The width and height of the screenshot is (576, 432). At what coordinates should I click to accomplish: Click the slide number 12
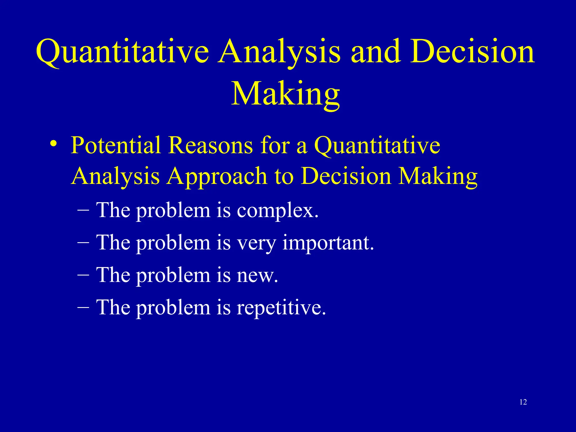pyautogui.click(x=523, y=402)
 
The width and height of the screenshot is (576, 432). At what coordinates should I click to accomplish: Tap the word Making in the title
pyautogui.click(x=285, y=94)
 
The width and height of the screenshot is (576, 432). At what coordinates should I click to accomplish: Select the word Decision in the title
pyautogui.click(x=472, y=52)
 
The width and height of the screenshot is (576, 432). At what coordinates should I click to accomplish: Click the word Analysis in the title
pyautogui.click(x=280, y=52)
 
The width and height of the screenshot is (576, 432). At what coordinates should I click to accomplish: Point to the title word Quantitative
pyautogui.click(x=122, y=52)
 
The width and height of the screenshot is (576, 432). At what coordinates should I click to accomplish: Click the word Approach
pyautogui.click(x=217, y=177)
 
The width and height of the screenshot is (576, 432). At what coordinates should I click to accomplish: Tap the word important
pyautogui.click(x=328, y=243)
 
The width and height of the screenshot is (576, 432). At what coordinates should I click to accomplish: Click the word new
pyautogui.click(x=257, y=275)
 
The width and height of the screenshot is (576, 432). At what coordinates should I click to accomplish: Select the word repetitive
pyautogui.click(x=281, y=308)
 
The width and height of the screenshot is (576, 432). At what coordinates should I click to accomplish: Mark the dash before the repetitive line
pyautogui.click(x=83, y=307)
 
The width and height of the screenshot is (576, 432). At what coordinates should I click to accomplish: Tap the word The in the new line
pyautogui.click(x=113, y=275)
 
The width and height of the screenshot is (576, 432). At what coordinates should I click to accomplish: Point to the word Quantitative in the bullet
pyautogui.click(x=377, y=146)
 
